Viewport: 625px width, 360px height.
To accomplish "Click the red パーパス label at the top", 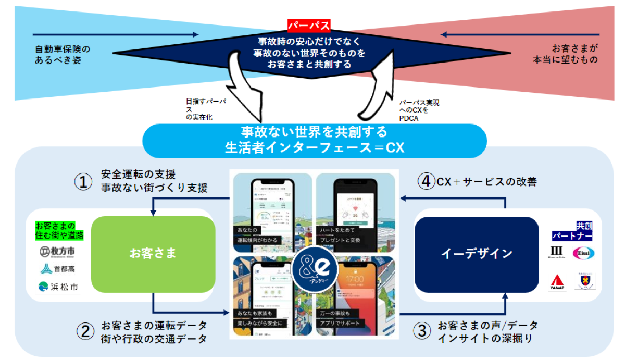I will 309,25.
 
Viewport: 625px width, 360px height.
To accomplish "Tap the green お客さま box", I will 153,254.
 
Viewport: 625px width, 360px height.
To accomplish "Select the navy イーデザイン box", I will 477,254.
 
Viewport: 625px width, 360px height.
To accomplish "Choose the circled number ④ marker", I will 426,182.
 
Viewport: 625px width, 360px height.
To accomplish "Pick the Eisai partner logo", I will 583,253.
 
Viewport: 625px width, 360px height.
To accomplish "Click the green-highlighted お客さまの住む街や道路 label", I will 59,230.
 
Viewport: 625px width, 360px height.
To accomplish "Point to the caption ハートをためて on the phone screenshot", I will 339,230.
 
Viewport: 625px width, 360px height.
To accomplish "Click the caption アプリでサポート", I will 341,323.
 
